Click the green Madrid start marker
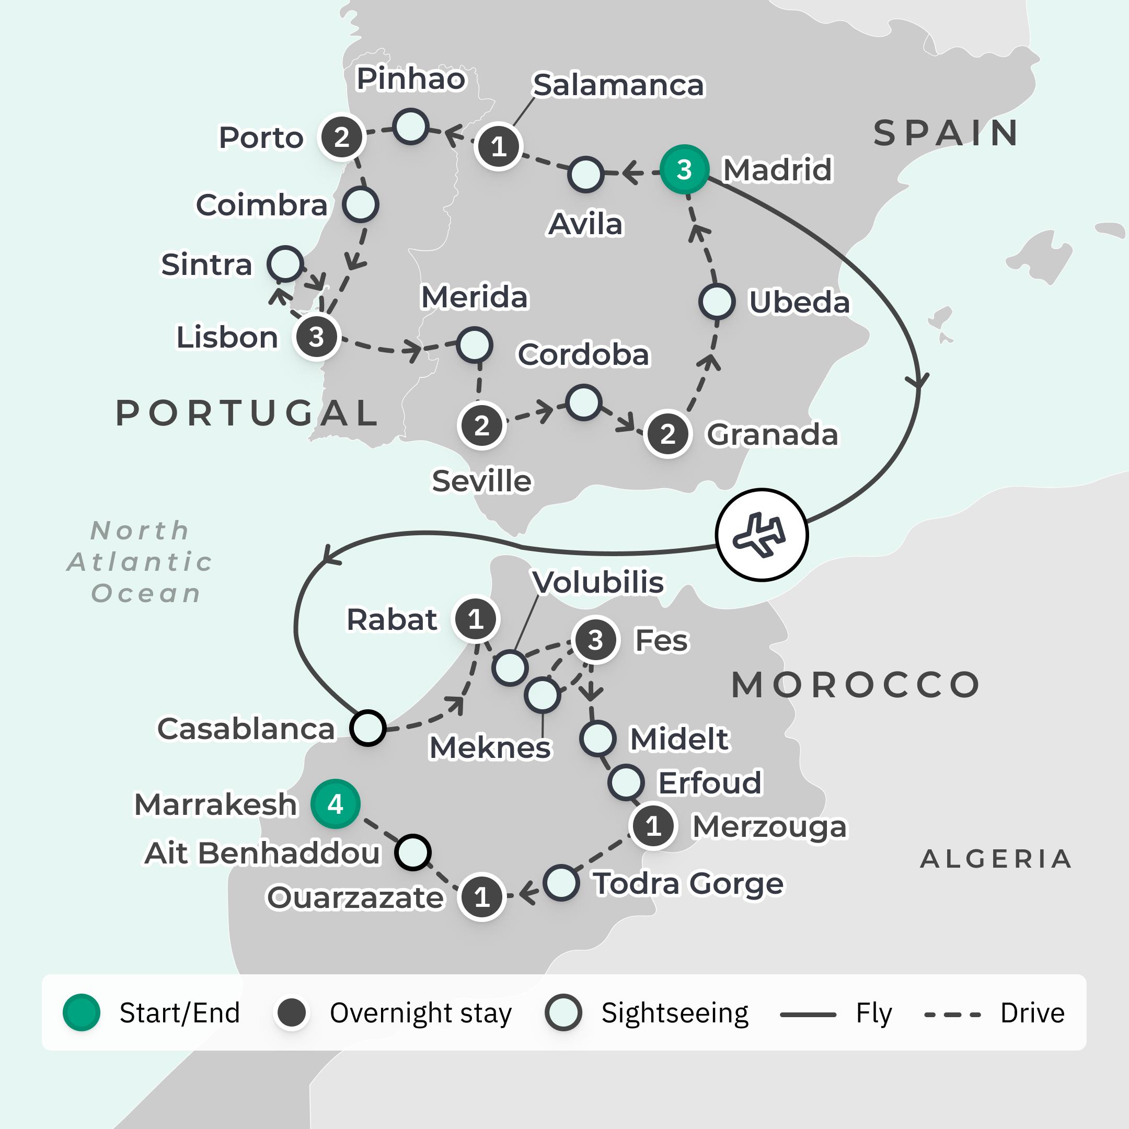pos(684,169)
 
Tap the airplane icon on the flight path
pos(762,535)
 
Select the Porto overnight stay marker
pos(341,137)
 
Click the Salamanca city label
pos(618,85)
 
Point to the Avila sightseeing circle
pos(585,174)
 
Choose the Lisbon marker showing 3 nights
pos(317,337)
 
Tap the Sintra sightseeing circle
pos(285,263)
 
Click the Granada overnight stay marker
pos(667,434)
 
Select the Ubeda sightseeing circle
pos(717,302)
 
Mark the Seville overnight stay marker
pos(481,426)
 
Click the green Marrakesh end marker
pos(335,804)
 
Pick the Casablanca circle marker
pos(367,728)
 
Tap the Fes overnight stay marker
pos(595,640)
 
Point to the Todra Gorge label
pos(688,883)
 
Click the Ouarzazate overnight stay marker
pos(481,896)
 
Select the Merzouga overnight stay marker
pos(653,826)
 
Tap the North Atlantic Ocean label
pos(140,561)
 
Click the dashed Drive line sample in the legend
pos(952,1015)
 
